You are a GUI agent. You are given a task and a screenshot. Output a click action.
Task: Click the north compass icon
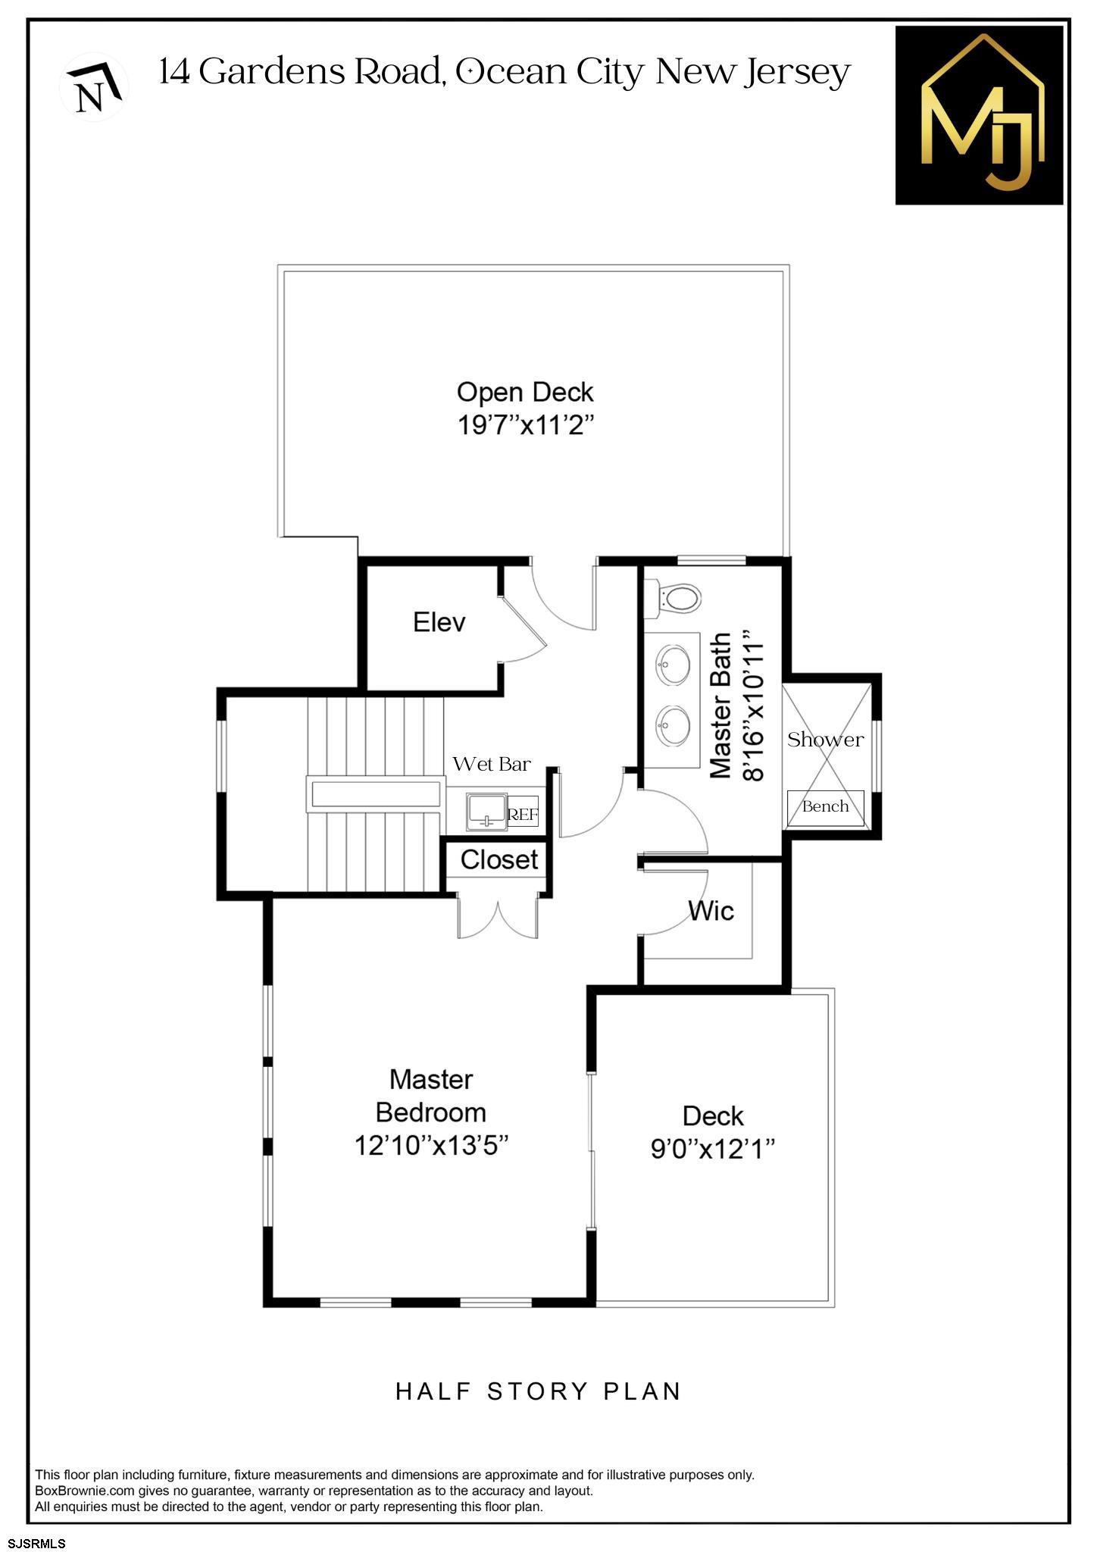click(x=94, y=86)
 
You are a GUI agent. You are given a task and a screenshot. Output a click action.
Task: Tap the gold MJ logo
click(x=979, y=115)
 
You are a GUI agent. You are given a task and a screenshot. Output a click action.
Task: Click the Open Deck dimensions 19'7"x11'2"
click(x=525, y=426)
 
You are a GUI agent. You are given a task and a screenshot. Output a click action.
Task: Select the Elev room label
click(x=439, y=623)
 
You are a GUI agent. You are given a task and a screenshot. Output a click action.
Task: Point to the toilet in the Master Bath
click(x=678, y=598)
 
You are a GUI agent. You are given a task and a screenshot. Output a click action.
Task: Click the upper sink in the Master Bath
click(x=672, y=665)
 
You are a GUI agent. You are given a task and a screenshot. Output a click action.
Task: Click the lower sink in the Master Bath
click(x=672, y=725)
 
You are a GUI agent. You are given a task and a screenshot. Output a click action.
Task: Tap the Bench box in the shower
click(x=825, y=807)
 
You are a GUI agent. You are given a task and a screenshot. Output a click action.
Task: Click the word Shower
click(x=825, y=740)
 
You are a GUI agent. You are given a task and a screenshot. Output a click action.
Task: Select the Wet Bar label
click(x=492, y=764)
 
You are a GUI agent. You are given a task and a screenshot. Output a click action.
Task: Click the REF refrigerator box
click(x=523, y=815)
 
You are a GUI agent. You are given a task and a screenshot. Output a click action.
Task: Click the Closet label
click(x=499, y=860)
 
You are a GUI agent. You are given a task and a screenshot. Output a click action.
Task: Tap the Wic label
click(x=711, y=910)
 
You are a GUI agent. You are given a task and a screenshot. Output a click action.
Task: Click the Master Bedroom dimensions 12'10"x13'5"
click(x=431, y=1145)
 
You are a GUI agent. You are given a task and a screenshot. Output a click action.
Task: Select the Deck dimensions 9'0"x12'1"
click(x=713, y=1150)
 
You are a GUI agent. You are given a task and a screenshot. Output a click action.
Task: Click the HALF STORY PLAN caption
click(x=539, y=1392)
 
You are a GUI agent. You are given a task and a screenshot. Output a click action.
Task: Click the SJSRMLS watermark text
click(x=36, y=1543)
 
